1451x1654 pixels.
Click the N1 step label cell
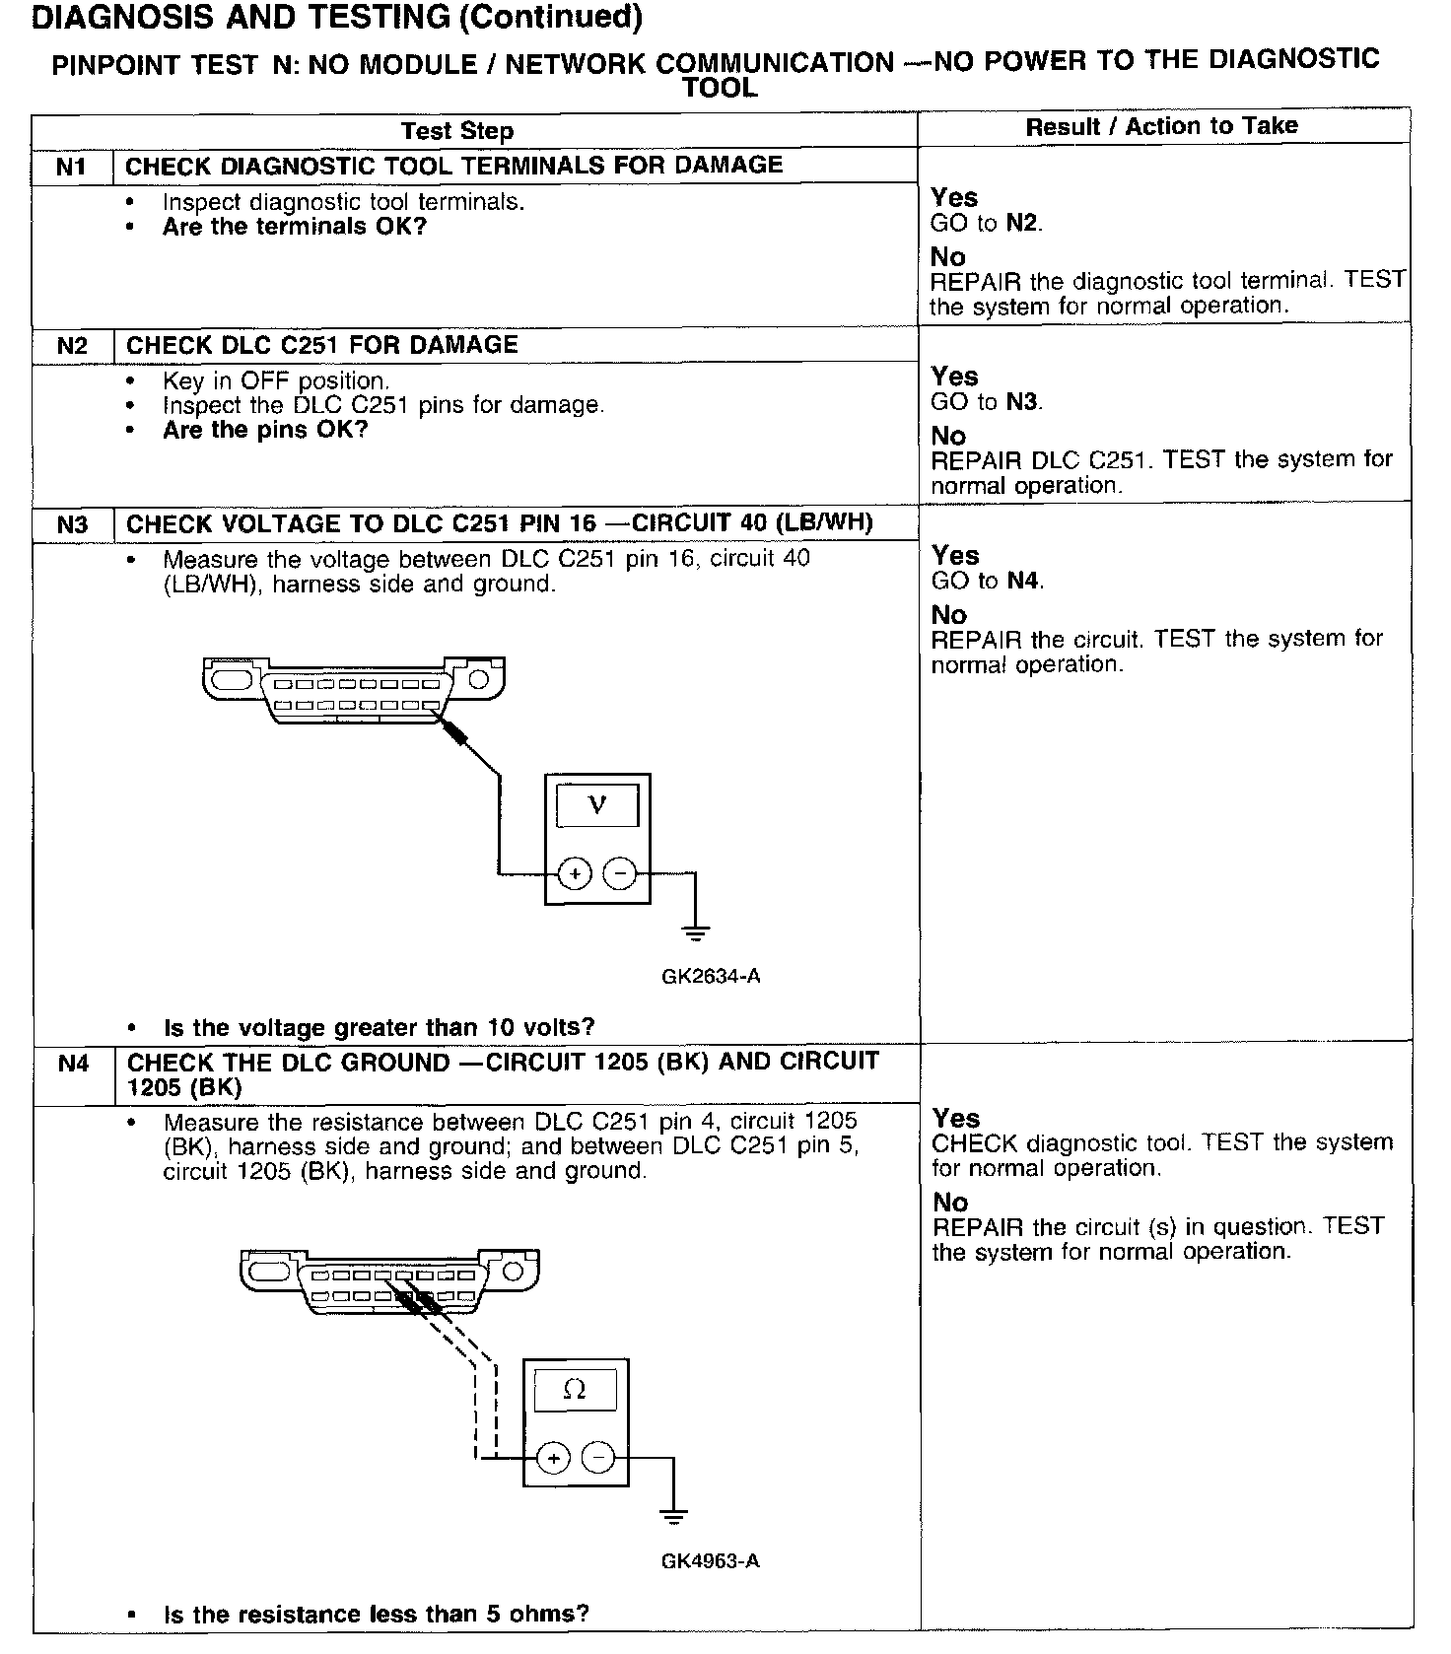(x=72, y=167)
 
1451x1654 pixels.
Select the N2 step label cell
(x=72, y=346)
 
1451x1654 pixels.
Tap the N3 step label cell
(x=72, y=524)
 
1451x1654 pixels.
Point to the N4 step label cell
(x=73, y=1064)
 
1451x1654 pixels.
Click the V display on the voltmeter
(x=597, y=805)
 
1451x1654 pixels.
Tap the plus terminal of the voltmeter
(x=575, y=873)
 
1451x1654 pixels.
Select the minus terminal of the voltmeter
(x=619, y=873)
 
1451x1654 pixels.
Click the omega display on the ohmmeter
(x=575, y=1390)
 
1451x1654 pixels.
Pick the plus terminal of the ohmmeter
(x=553, y=1458)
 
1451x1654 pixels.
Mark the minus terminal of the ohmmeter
(x=597, y=1458)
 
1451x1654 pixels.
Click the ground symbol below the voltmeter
(x=696, y=931)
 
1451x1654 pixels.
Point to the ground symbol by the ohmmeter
(x=673, y=1516)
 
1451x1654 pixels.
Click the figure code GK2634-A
(x=711, y=977)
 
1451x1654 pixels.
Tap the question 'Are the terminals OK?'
(x=295, y=227)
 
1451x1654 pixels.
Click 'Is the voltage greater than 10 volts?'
(x=379, y=1028)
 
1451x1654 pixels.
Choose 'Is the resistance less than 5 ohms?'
(x=376, y=1614)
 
